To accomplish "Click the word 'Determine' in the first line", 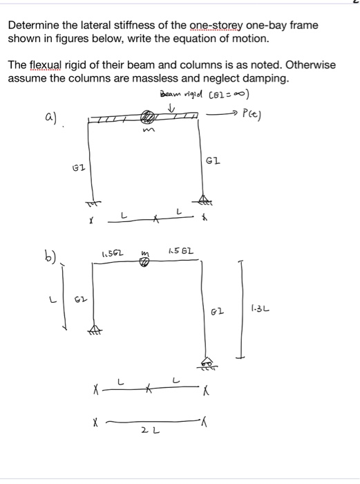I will [34, 25].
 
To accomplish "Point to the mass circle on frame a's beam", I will [147, 119].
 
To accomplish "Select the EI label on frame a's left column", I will [79, 167].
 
